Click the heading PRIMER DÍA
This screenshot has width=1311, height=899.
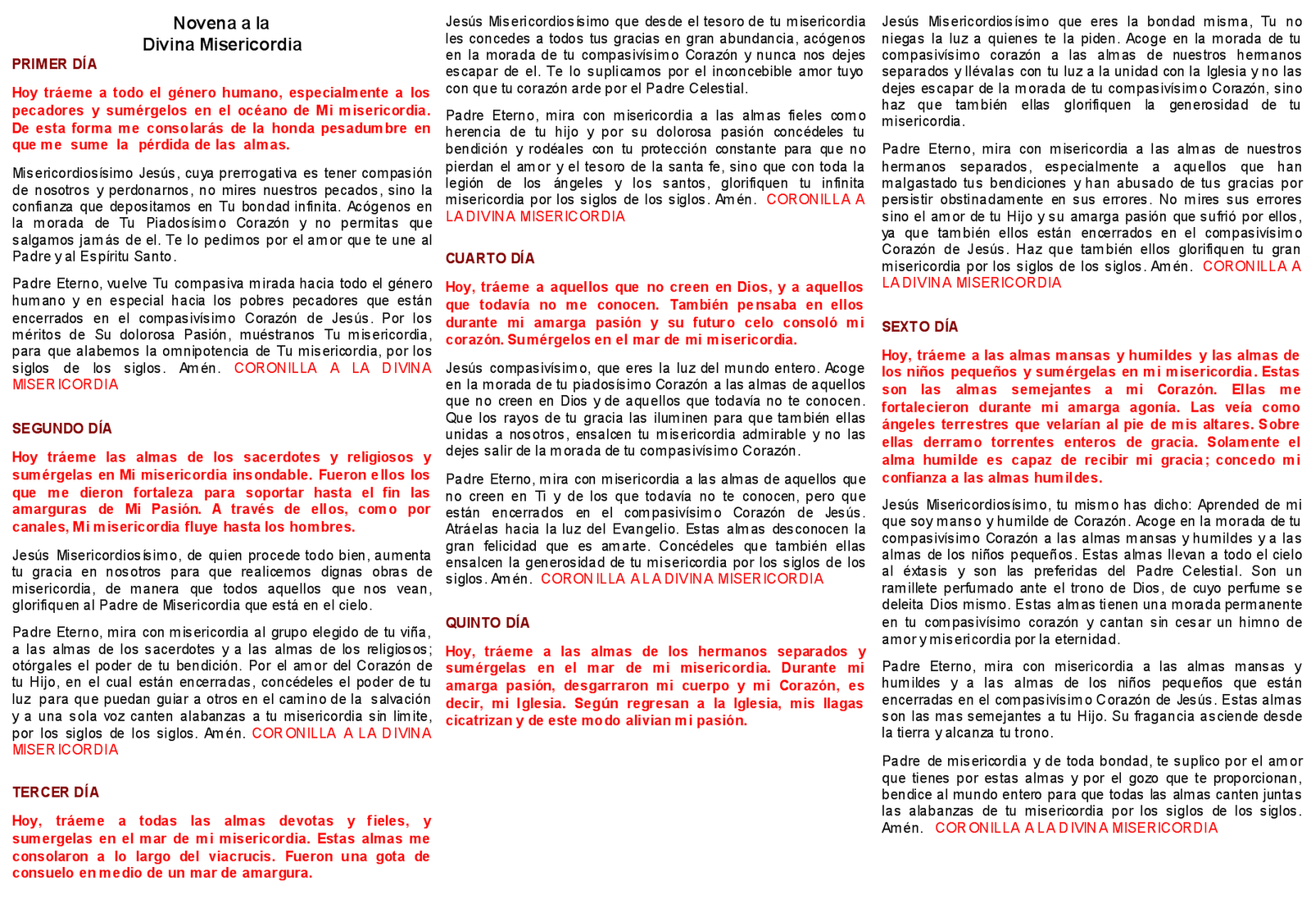[x=54, y=65]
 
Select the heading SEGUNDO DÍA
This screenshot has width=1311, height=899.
[x=61, y=429]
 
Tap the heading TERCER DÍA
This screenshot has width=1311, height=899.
[x=56, y=792]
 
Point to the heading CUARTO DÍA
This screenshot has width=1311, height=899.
[x=490, y=259]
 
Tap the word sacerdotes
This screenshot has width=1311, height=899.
[x=281, y=457]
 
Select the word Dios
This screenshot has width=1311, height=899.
[x=753, y=288]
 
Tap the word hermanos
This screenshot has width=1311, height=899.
[x=733, y=652]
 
